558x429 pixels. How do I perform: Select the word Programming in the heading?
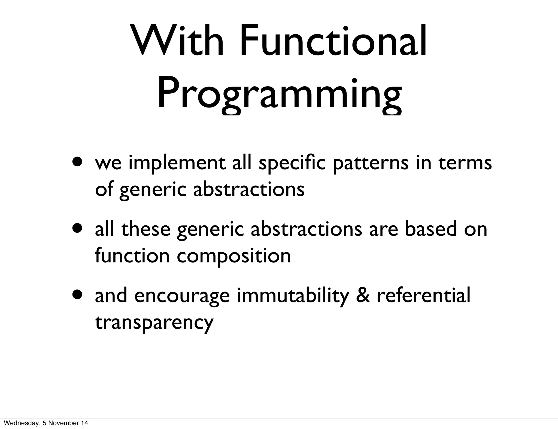pyautogui.click(x=279, y=94)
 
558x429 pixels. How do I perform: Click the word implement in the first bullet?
pyautogui.click(x=177, y=163)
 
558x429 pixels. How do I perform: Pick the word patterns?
pyautogui.click(x=371, y=163)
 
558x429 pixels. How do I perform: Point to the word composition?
pyautogui.click(x=234, y=257)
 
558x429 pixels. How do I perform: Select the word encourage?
pyautogui.click(x=182, y=296)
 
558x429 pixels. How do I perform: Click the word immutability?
pyautogui.click(x=293, y=296)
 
